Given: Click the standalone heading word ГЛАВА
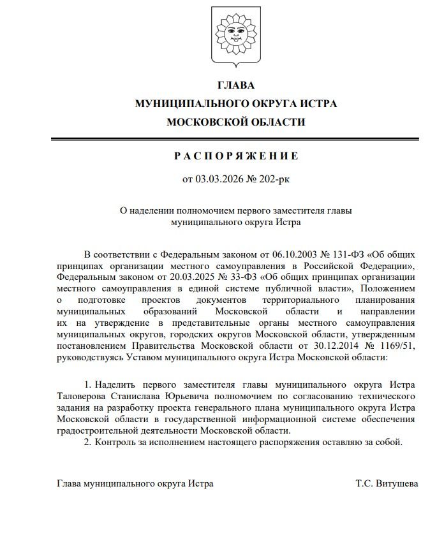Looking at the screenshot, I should pos(236,85).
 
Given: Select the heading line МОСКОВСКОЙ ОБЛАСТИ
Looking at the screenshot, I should pos(236,121).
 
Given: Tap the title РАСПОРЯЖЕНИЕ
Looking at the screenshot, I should pos(236,156).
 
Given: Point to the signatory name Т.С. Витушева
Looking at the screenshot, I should pos(387,483).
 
